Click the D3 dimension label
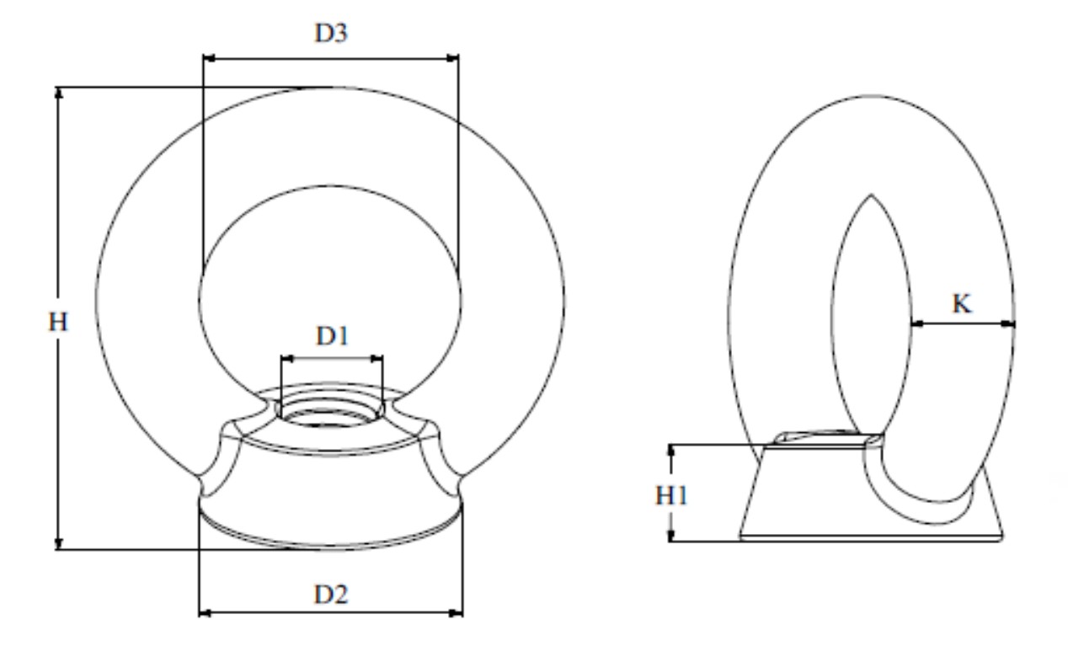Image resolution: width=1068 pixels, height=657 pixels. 331,34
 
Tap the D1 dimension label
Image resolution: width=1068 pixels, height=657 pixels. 333,336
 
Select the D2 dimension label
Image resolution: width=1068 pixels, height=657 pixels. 331,595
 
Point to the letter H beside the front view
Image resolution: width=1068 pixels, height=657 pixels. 58,322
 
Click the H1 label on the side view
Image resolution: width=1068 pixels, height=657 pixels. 671,496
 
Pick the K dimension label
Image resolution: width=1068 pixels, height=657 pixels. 961,304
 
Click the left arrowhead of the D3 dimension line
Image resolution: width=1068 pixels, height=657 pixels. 209,58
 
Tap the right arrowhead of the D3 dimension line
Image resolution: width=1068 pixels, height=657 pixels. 452,58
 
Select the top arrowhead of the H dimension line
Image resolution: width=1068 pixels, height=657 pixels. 59,93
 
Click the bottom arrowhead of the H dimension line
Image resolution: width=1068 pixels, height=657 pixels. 59,543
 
